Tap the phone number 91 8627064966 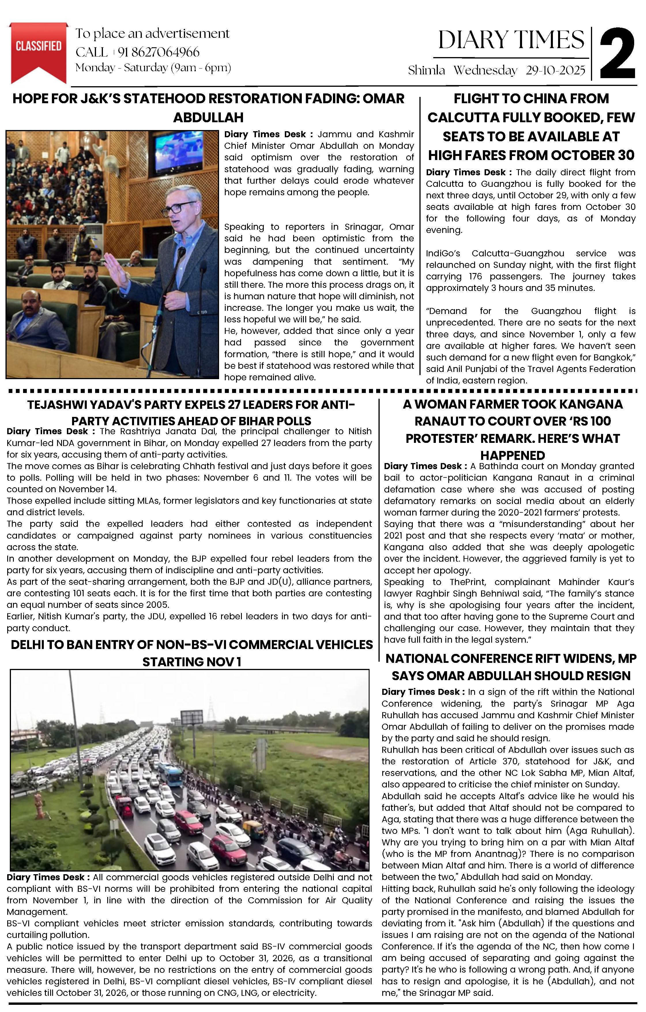pyautogui.click(x=159, y=52)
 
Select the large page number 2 pyautogui.click(x=617, y=54)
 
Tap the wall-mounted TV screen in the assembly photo pyautogui.click(x=180, y=153)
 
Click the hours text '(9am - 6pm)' pyautogui.click(x=201, y=68)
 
